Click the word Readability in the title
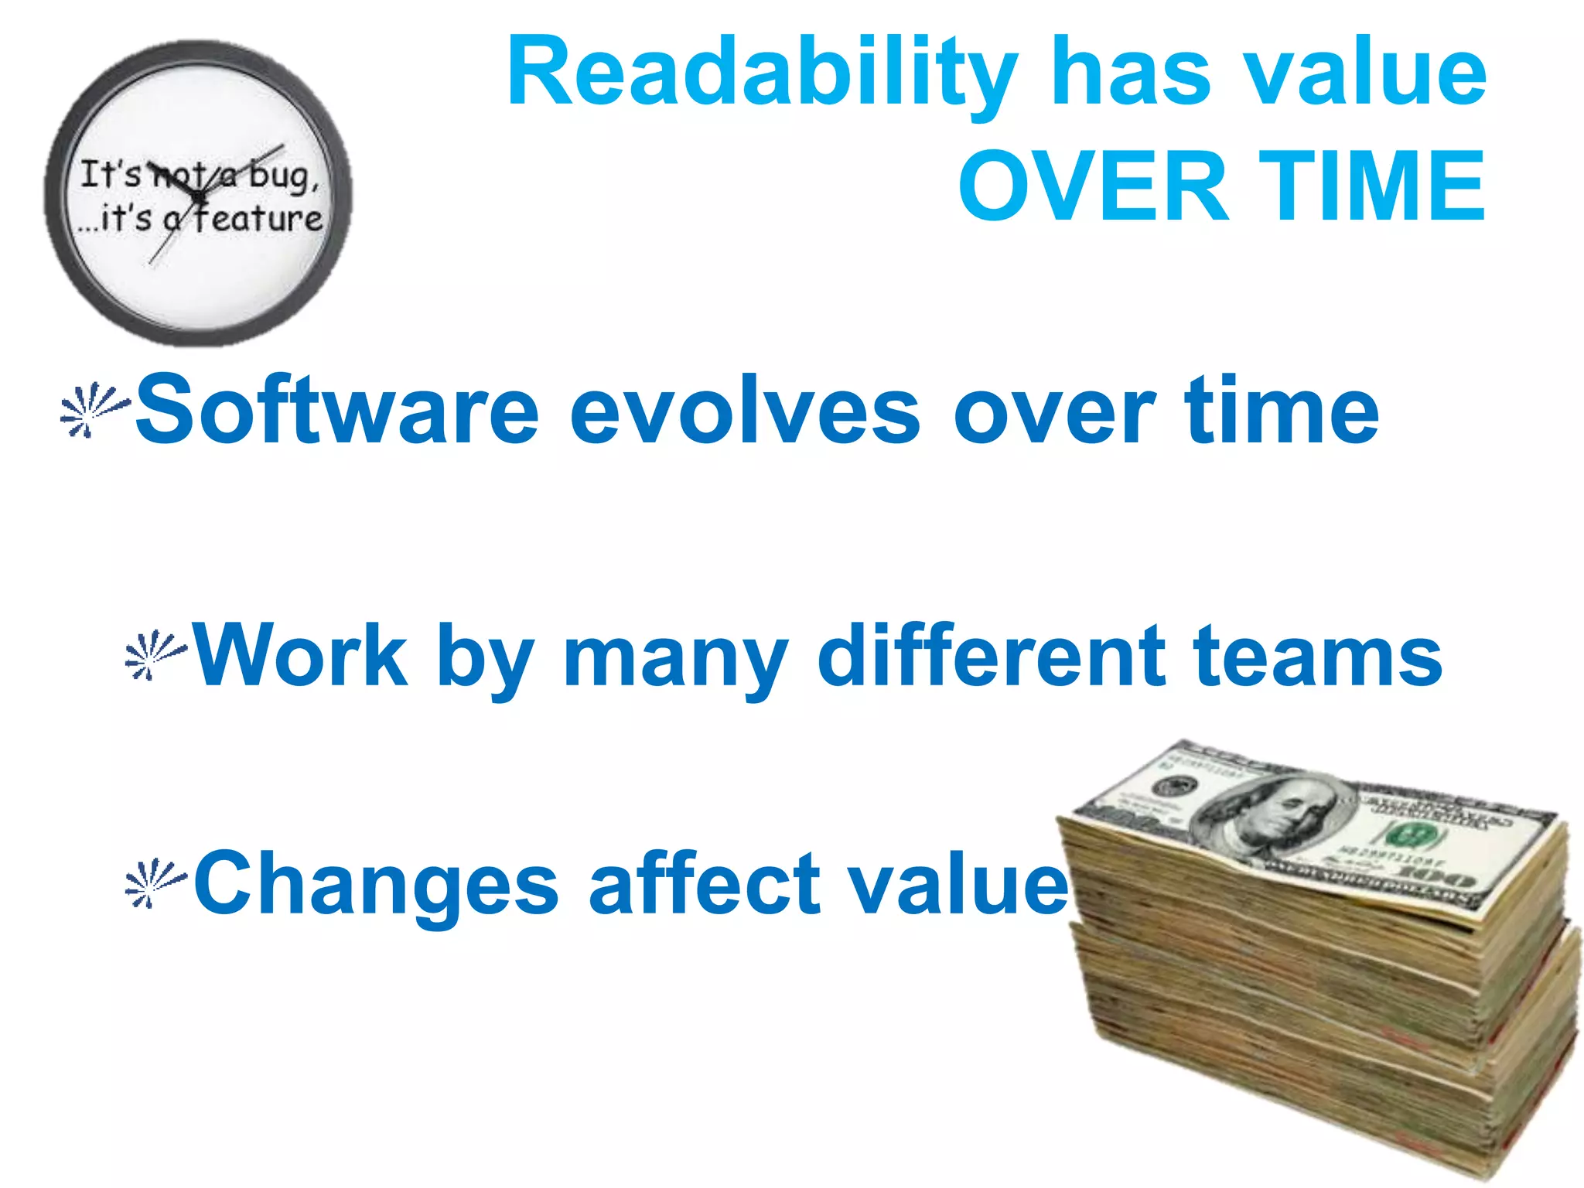click(x=762, y=73)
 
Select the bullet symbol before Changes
click(x=155, y=882)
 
